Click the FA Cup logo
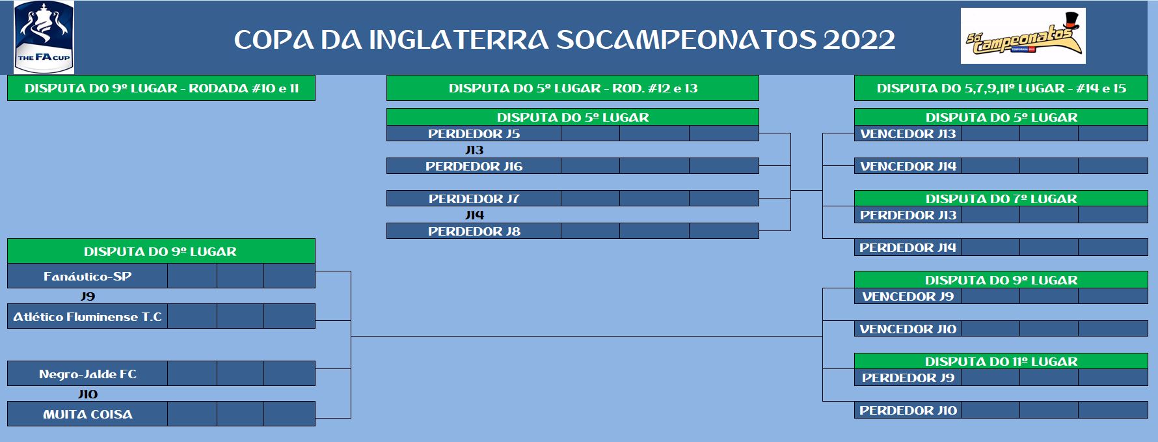44,36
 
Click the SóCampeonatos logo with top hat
1023,36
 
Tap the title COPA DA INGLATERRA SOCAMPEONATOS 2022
565,40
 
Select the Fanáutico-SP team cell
88,276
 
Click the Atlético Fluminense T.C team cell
88,316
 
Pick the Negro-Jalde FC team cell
88,374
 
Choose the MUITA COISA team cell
88,414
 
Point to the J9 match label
88,296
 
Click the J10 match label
88,394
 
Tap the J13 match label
474,150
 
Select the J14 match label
474,215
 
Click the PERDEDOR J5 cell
474,133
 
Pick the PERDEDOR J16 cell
474,166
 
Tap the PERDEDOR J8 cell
474,231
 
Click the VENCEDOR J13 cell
908,133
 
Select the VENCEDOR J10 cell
908,329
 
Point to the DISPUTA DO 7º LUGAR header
1001,199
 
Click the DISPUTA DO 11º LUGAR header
1001,361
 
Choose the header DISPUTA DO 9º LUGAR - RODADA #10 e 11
161,88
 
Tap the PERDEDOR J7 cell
474,199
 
